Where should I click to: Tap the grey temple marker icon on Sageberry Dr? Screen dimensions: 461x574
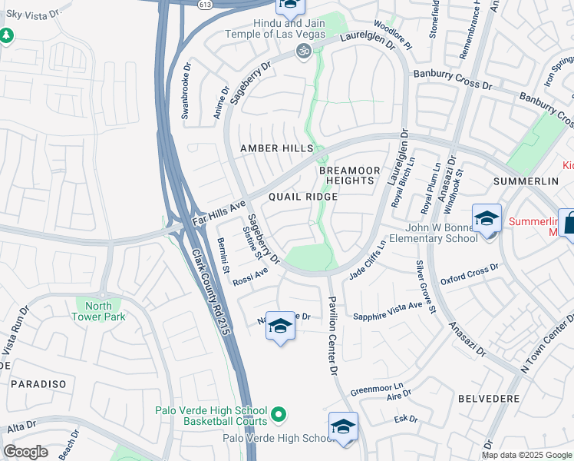(304, 51)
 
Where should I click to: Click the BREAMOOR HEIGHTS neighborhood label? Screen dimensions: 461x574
(348, 174)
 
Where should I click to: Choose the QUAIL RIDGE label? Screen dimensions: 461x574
(303, 197)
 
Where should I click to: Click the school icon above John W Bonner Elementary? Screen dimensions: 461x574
(486, 220)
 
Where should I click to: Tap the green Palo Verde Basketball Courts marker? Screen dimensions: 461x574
(279, 416)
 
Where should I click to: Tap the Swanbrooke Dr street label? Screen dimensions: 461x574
(186, 96)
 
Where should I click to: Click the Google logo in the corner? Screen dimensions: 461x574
(25, 452)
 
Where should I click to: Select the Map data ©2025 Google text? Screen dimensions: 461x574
(526, 455)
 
